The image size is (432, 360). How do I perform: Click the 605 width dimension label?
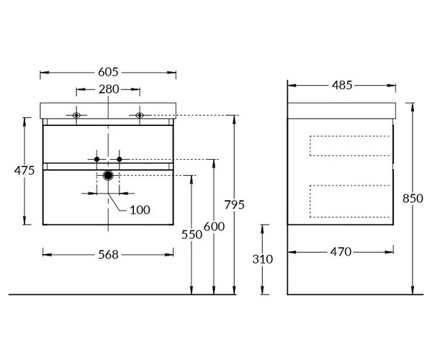(108, 72)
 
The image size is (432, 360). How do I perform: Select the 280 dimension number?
(109, 89)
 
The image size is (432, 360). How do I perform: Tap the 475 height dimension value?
(24, 171)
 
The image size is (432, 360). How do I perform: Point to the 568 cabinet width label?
(108, 255)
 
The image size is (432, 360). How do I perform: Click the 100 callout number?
(140, 210)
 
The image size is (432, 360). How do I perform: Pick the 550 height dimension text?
(192, 235)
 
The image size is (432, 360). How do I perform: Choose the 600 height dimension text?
(215, 226)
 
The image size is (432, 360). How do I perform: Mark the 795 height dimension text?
(235, 204)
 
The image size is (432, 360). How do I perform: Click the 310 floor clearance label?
(263, 259)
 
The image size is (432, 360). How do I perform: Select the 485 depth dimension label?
(342, 85)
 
